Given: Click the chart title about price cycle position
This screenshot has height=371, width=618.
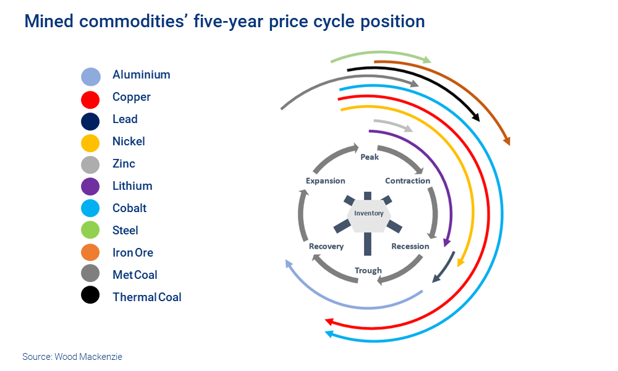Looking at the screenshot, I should (224, 22).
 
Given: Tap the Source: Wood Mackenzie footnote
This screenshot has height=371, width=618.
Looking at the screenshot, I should (72, 357).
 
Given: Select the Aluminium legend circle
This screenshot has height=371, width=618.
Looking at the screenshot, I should (90, 76).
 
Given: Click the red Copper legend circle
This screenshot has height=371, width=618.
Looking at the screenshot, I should (90, 98).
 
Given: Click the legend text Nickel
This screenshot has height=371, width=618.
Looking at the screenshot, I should (129, 142).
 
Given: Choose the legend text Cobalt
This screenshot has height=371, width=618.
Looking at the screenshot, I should (129, 208).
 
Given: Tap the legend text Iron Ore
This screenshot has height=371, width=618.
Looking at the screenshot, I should (132, 253).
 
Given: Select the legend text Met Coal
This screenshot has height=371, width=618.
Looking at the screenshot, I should (135, 275).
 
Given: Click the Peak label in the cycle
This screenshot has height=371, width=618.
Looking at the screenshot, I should (370, 157).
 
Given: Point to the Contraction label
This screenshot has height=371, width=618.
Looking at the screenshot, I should (407, 181).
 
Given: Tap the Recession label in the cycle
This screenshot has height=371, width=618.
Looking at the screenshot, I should (410, 246).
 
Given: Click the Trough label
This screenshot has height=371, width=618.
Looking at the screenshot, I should (368, 270).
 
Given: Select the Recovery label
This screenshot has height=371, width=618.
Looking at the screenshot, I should (326, 246).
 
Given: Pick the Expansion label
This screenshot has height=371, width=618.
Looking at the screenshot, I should (326, 181).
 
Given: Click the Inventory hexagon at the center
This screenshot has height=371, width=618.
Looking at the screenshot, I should (368, 214).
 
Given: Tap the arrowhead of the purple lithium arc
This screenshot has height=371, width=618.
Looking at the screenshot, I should (446, 242).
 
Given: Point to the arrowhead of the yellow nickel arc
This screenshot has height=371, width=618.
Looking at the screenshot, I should (459, 263).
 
